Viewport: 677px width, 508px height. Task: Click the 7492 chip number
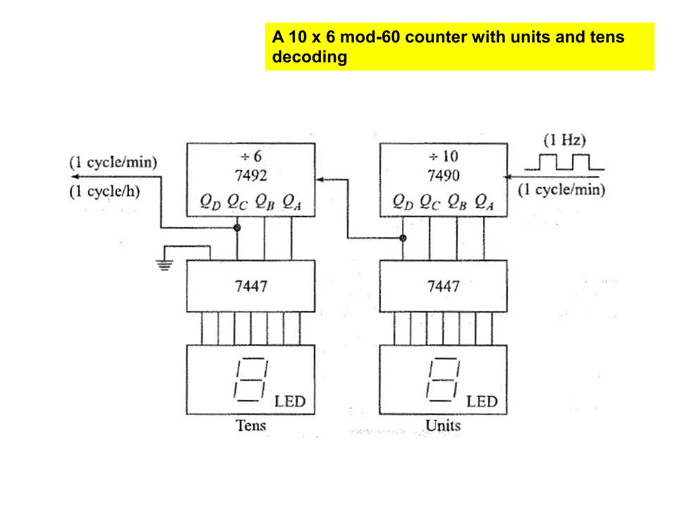pyautogui.click(x=251, y=175)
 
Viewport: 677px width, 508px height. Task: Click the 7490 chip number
pyautogui.click(x=443, y=175)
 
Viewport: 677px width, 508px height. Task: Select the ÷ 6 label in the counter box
pyautogui.click(x=251, y=156)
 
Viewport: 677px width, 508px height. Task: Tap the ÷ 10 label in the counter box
pyautogui.click(x=443, y=156)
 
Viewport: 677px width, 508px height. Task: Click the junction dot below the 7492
pyautogui.click(x=237, y=228)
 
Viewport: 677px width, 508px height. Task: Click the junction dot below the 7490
pyautogui.click(x=403, y=238)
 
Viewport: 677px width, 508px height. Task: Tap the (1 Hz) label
pyautogui.click(x=565, y=140)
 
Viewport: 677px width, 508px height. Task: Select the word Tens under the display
pyautogui.click(x=251, y=425)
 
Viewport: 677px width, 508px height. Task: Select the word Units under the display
pyautogui.click(x=443, y=425)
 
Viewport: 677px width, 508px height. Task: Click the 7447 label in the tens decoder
pyautogui.click(x=251, y=286)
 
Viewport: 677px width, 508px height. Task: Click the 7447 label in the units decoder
pyautogui.click(x=443, y=286)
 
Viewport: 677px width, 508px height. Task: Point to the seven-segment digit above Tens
pyautogui.click(x=250, y=380)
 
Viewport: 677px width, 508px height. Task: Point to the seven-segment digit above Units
pyautogui.click(x=443, y=380)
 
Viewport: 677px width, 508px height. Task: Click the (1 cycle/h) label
pyautogui.click(x=105, y=191)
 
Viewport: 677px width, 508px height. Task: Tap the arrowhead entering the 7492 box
pyautogui.click(x=320, y=180)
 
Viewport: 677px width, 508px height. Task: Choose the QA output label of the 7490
pyautogui.click(x=484, y=202)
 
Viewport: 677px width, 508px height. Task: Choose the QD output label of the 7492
pyautogui.click(x=210, y=202)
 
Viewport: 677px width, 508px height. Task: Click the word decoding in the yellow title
pyautogui.click(x=309, y=57)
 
